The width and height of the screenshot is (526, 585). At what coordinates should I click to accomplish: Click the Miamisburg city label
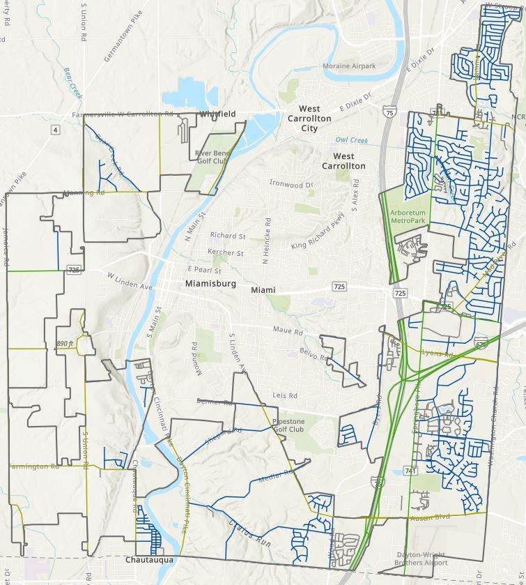click(x=211, y=284)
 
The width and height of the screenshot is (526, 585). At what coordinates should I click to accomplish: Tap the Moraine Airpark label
click(x=349, y=66)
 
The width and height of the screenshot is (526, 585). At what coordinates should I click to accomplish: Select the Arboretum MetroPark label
click(x=408, y=216)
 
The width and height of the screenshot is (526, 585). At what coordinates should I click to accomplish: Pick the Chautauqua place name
click(x=149, y=560)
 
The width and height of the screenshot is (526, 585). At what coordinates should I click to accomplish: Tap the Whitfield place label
click(x=218, y=114)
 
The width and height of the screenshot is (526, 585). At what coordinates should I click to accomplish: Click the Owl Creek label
click(x=351, y=140)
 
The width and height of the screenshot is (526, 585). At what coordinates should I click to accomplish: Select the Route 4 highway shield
click(x=55, y=130)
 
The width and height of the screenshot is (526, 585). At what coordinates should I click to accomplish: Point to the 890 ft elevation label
click(x=65, y=344)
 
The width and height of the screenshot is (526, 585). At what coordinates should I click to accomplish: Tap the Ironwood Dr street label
click(x=291, y=185)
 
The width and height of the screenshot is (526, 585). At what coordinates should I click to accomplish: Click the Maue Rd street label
click(x=288, y=332)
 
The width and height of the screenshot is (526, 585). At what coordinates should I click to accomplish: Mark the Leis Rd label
click(x=285, y=395)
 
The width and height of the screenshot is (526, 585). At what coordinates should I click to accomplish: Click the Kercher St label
click(x=226, y=252)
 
